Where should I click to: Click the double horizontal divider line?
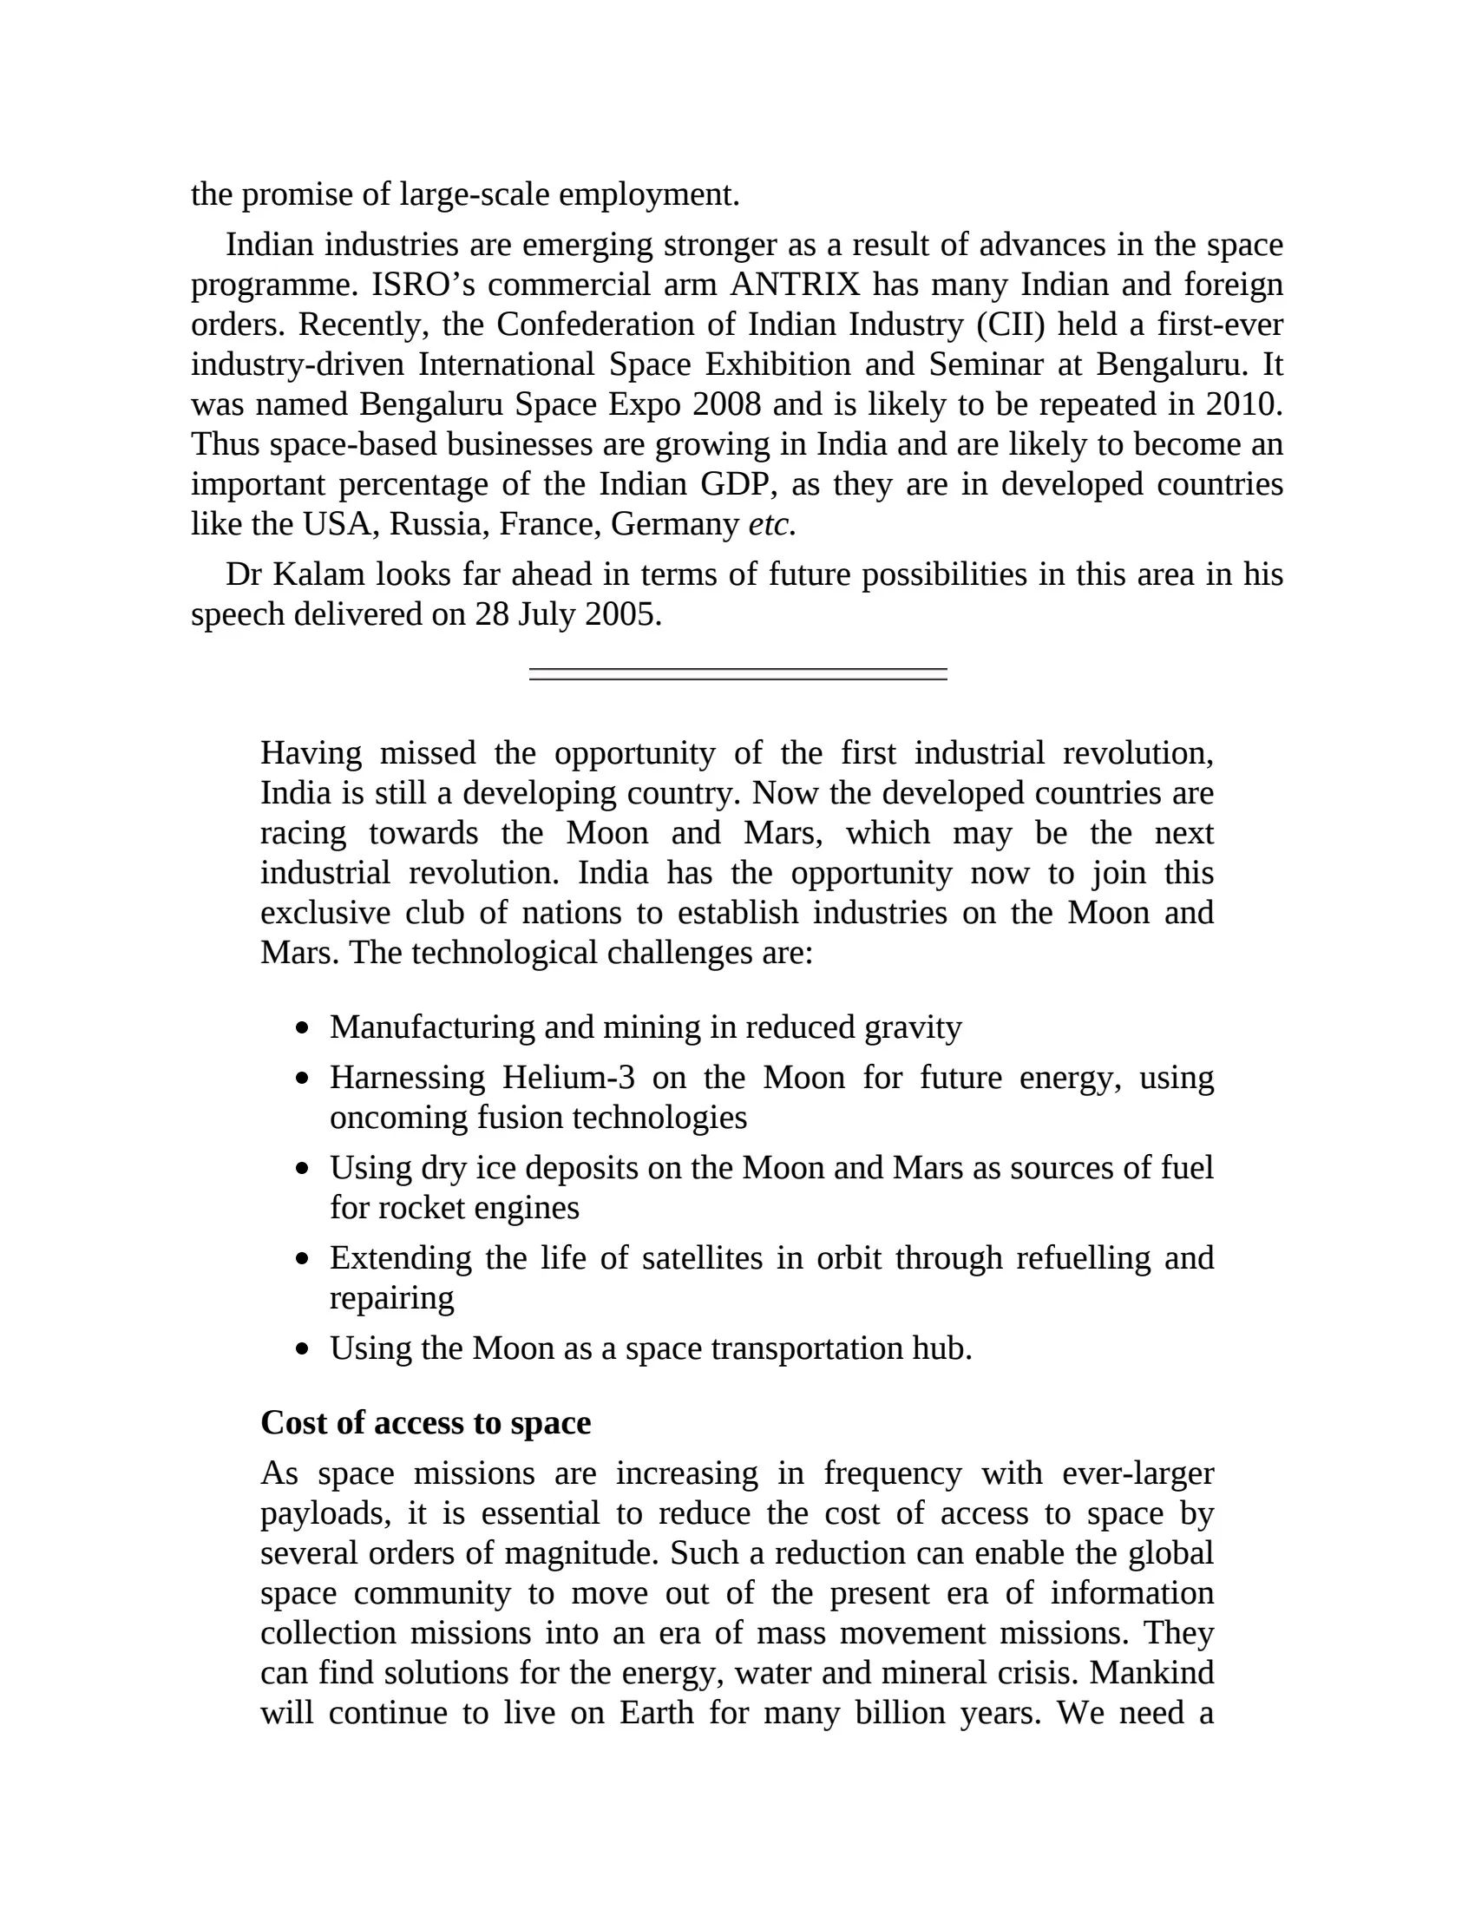[737, 674]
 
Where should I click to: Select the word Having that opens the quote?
[311, 753]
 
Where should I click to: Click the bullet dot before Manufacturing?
[302, 1029]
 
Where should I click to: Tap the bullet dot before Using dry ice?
[302, 1169]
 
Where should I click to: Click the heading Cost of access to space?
[425, 1423]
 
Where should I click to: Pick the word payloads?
[326, 1514]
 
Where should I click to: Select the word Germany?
[674, 524]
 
